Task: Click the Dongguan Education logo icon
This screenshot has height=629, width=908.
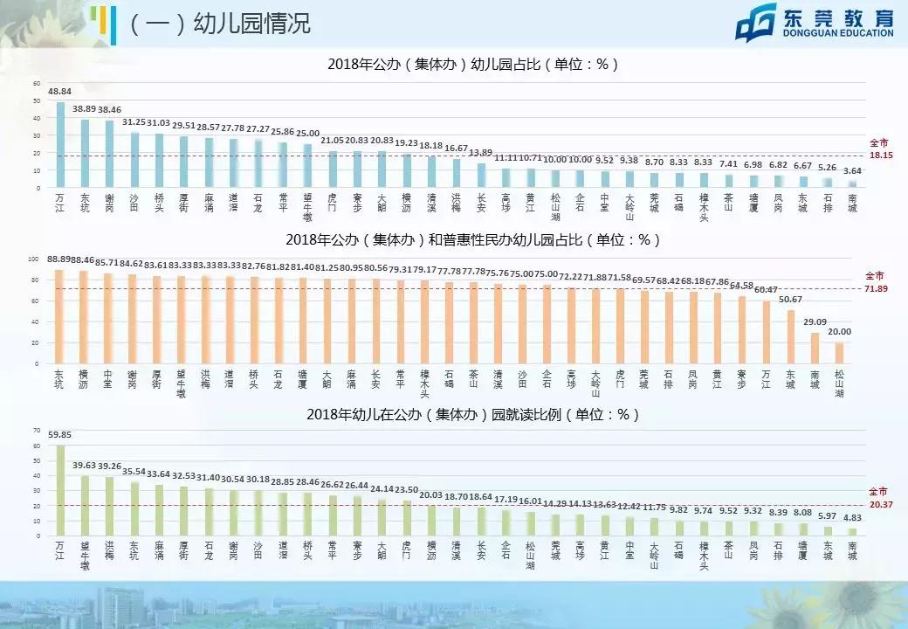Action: point(755,24)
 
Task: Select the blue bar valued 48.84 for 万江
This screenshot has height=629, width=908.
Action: point(60,145)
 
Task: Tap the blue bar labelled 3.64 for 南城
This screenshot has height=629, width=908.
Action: point(853,183)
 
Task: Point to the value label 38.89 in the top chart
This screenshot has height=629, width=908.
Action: point(85,108)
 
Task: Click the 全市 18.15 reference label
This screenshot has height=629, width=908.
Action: point(879,149)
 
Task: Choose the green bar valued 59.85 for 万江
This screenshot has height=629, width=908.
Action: point(60,490)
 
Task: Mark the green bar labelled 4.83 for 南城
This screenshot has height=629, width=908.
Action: point(852,532)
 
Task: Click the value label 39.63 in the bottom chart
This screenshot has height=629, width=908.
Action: point(85,465)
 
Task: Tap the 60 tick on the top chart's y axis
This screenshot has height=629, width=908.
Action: point(37,84)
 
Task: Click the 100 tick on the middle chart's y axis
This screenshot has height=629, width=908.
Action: point(34,259)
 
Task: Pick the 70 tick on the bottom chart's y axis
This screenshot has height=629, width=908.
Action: point(37,431)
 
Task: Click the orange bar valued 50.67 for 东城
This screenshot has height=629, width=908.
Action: point(790,336)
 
